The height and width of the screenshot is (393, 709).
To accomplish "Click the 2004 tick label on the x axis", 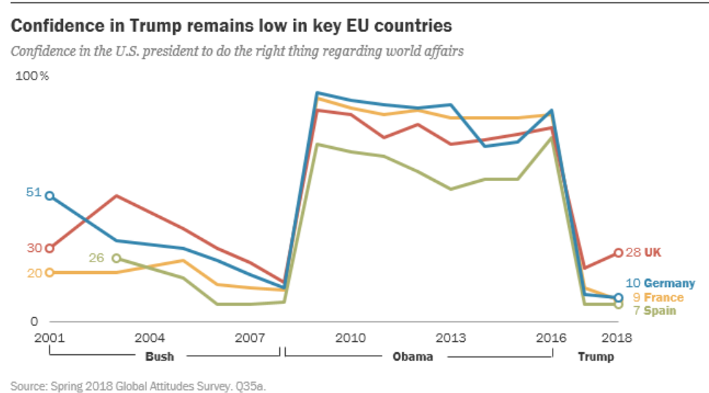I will tap(149, 337).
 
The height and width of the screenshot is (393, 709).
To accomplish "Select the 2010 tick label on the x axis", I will tap(350, 337).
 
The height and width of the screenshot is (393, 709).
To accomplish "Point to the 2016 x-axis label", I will tap(551, 337).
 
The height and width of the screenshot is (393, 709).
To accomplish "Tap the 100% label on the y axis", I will tap(32, 77).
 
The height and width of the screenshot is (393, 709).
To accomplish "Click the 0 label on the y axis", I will tap(33, 321).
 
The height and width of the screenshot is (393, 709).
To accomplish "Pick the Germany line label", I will tap(670, 283).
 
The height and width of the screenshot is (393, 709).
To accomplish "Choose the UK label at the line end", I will tap(652, 253).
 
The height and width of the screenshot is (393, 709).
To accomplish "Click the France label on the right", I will tap(664, 297).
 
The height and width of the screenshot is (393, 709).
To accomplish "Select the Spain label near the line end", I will tap(660, 310).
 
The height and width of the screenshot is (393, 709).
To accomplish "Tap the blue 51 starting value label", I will tap(34, 193).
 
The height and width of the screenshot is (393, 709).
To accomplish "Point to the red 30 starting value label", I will tap(34, 248).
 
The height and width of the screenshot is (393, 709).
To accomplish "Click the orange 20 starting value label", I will tap(34, 272).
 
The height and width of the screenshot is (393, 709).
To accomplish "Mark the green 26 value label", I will tap(96, 258).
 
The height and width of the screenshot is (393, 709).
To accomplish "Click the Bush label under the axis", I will tap(159, 357).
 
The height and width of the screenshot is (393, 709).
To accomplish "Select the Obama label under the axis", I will tap(412, 357).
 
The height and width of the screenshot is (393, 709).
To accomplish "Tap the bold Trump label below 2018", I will tap(596, 357).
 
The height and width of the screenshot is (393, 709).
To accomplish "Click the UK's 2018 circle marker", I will tap(618, 253).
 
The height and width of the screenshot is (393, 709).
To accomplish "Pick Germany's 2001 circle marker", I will tap(50, 196).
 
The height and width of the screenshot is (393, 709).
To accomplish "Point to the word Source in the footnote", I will tap(26, 385).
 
